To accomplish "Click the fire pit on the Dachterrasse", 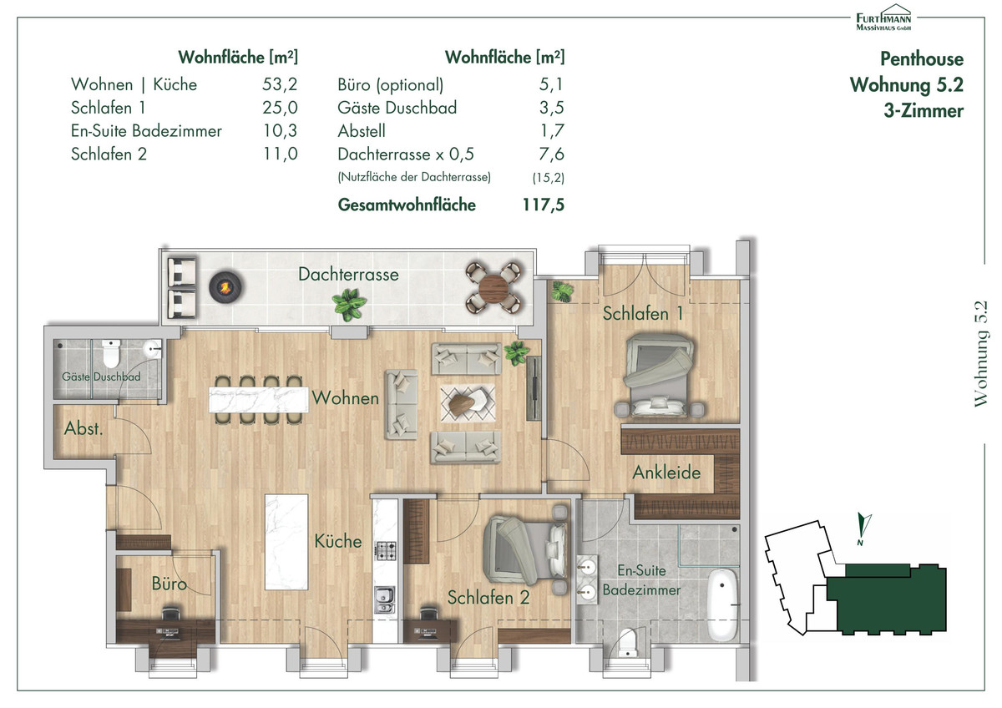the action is (x=225, y=287).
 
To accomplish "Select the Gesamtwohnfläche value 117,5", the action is (x=544, y=205).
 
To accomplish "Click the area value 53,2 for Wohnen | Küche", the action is (x=280, y=84).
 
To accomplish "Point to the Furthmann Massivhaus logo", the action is (x=883, y=18).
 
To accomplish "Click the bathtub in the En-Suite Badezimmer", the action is (x=722, y=604).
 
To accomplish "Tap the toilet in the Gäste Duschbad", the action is (x=110, y=352).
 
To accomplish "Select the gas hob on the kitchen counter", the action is (x=385, y=550).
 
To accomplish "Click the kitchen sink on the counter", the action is (x=385, y=599).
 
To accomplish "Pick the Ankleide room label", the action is (x=666, y=473).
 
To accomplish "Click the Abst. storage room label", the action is (x=83, y=428).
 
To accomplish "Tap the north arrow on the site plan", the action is (x=863, y=528).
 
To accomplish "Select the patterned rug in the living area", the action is (x=468, y=403).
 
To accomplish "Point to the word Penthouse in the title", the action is (x=922, y=59).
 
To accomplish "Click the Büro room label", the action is (x=169, y=584).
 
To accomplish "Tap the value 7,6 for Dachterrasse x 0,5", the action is (x=552, y=154).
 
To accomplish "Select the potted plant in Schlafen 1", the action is (x=562, y=291).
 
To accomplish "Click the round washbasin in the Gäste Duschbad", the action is (x=153, y=349).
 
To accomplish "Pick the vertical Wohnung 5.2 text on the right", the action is (x=980, y=354).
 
